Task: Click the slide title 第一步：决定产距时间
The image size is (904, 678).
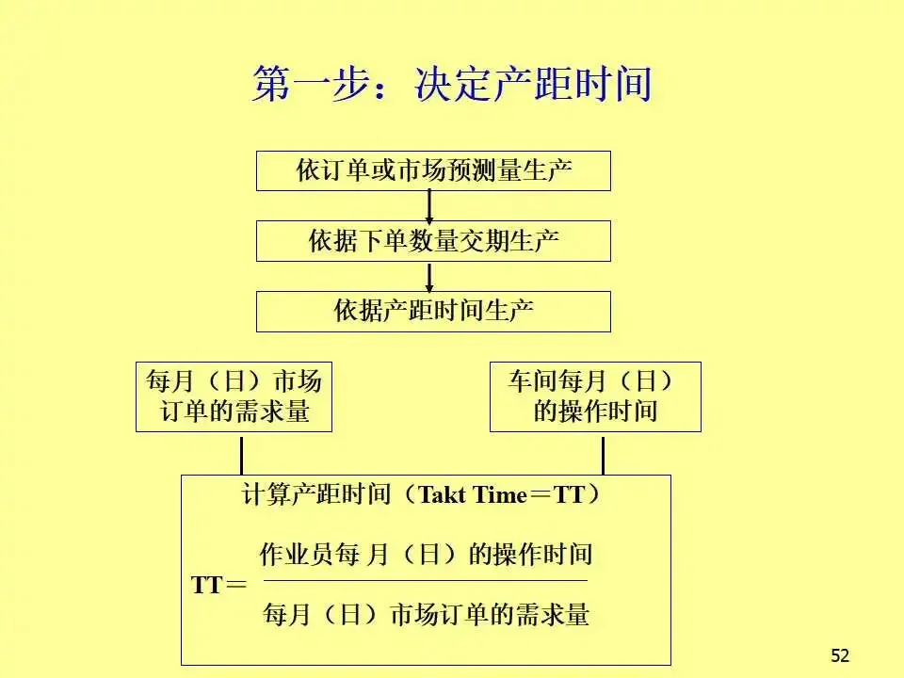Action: tap(452, 85)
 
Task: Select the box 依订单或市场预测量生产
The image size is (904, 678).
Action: tap(433, 170)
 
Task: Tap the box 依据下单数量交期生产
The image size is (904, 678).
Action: tap(433, 241)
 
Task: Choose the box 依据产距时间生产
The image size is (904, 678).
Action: tap(433, 312)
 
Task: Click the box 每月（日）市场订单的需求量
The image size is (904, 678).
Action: tap(234, 396)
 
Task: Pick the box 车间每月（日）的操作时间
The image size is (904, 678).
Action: tap(595, 396)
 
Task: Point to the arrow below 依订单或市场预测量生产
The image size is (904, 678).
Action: tap(429, 206)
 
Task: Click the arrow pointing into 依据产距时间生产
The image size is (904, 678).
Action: tap(429, 277)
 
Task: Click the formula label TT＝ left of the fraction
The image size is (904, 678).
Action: tap(218, 585)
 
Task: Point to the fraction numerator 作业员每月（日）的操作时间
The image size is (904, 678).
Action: tap(426, 555)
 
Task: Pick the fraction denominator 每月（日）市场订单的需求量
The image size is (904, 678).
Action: tap(426, 615)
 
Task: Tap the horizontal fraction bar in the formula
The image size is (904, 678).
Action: tap(426, 580)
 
